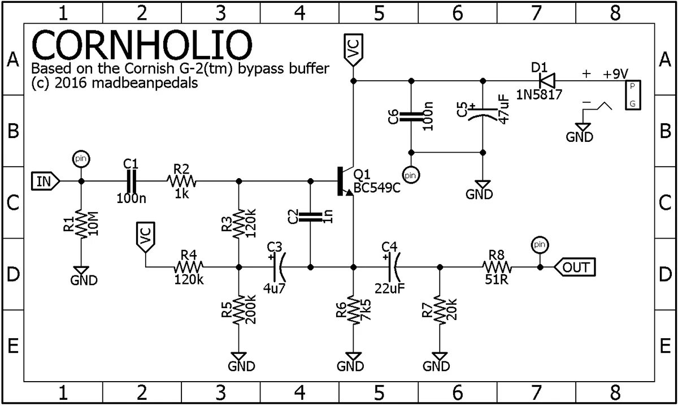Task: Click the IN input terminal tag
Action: click(45, 182)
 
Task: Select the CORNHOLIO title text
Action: click(141, 46)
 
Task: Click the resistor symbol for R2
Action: click(181, 181)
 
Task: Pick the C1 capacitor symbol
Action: click(131, 181)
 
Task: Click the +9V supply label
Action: click(615, 74)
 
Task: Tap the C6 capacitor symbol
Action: click(411, 117)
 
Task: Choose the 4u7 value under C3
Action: click(274, 288)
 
